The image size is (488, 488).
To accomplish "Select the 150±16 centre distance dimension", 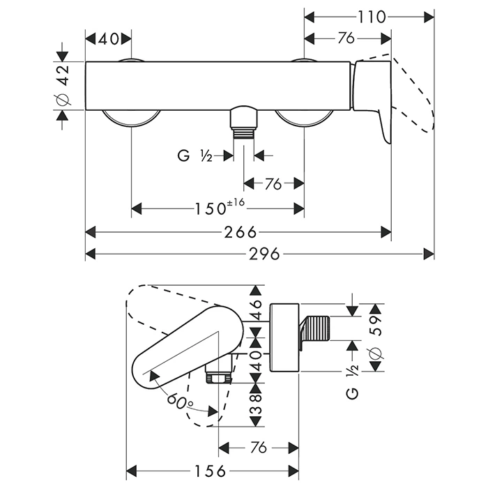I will [218, 208].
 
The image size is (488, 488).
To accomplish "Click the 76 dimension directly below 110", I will [346, 38].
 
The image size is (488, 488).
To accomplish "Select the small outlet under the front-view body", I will [243, 123].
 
